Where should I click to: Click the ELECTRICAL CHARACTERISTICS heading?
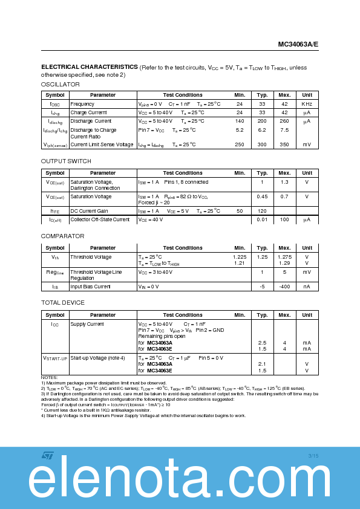click(90, 67)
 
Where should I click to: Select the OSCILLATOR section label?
click(60, 85)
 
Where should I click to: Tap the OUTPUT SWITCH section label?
click(66, 161)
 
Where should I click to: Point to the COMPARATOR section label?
click(62, 236)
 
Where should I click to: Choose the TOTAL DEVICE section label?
click(63, 302)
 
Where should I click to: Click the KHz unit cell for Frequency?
click(307, 104)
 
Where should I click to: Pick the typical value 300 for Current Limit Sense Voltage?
click(262, 144)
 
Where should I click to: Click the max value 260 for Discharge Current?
click(284, 121)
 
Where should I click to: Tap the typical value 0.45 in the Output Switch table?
click(262, 196)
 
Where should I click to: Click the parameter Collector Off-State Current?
click(100, 219)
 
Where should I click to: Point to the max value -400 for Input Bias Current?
click(284, 287)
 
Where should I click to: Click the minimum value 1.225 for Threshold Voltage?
click(240, 257)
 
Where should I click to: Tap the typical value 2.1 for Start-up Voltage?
click(262, 364)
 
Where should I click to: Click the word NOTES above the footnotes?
click(50, 378)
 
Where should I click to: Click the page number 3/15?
click(313, 455)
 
